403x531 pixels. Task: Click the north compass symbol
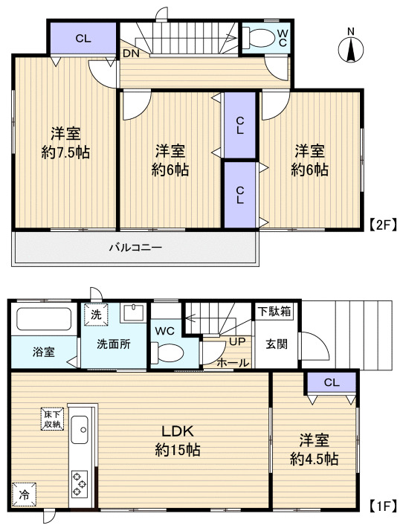(x=351, y=49)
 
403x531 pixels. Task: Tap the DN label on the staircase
(x=131, y=54)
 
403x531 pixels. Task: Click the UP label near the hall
(x=237, y=341)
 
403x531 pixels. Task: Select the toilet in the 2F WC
(x=259, y=37)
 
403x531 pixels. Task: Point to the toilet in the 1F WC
(x=167, y=353)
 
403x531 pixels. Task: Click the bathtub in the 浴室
(x=44, y=318)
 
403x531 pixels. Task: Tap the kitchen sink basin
(x=80, y=429)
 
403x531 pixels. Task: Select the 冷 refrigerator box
(x=24, y=495)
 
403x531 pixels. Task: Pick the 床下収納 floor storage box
(x=53, y=419)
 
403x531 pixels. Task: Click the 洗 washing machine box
(x=96, y=315)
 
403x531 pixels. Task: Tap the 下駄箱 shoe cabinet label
(x=274, y=311)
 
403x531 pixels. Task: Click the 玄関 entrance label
(x=277, y=344)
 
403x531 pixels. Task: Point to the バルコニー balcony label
(x=135, y=247)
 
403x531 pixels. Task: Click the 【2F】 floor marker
(x=383, y=225)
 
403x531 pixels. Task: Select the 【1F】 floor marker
(x=382, y=506)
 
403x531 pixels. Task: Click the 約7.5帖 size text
(x=65, y=152)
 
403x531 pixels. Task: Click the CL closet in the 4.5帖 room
(x=332, y=383)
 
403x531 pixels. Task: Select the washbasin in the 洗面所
(x=134, y=313)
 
